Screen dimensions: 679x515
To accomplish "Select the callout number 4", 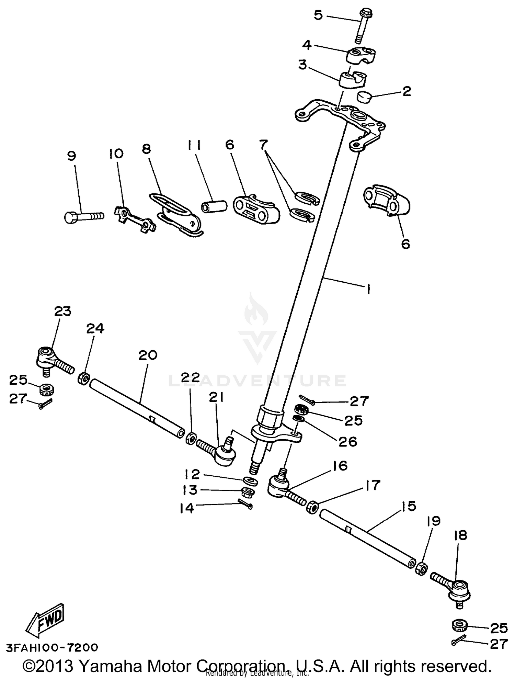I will [x=307, y=45].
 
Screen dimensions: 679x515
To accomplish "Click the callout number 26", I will [x=348, y=442].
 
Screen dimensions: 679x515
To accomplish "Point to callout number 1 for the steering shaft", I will [x=368, y=290].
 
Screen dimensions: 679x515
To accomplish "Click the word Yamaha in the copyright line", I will [x=113, y=666].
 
